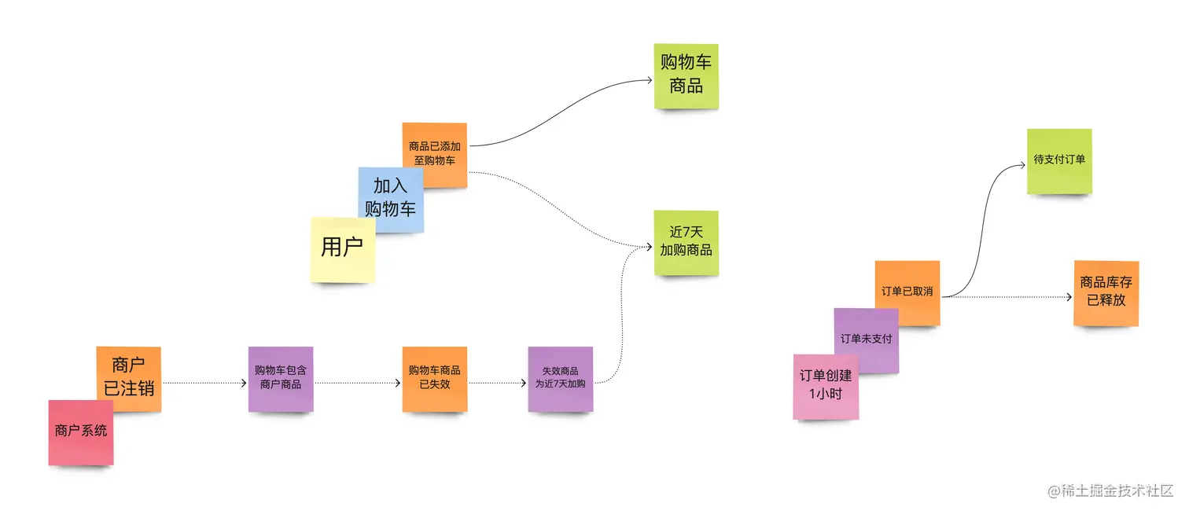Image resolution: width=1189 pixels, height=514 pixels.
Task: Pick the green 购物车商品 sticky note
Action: pyautogui.click(x=686, y=76)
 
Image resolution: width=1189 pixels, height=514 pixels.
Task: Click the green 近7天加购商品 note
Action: pyautogui.click(x=686, y=242)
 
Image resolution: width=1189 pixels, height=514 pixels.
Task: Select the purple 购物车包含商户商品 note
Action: pyautogui.click(x=281, y=378)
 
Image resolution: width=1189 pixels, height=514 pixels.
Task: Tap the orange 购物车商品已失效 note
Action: pyautogui.click(x=434, y=378)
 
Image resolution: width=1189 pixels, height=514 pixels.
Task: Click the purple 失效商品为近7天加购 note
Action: pyautogui.click(x=560, y=378)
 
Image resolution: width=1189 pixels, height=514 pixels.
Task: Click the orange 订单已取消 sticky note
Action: pyautogui.click(x=907, y=292)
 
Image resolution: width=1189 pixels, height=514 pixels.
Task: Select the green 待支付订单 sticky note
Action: pyautogui.click(x=1059, y=160)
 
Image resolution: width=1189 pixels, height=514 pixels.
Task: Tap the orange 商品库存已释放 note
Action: pyautogui.click(x=1106, y=292)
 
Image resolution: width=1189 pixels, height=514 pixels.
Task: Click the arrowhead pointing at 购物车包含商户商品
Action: pyautogui.click(x=244, y=383)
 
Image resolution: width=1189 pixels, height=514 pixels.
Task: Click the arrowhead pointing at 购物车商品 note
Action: pyautogui.click(x=650, y=79)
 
